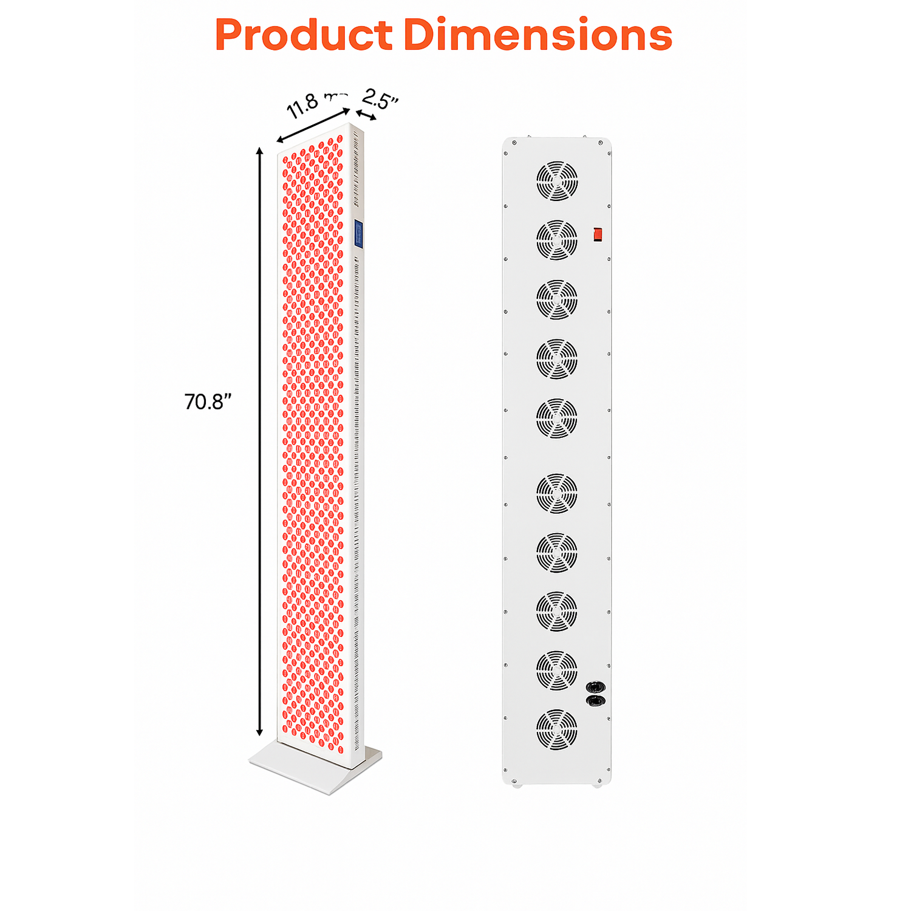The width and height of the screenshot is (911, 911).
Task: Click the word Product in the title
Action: coord(304,35)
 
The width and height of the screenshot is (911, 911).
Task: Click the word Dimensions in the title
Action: coord(537,35)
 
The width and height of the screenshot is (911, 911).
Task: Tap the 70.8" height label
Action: coord(208,402)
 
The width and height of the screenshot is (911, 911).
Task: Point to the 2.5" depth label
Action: coord(380,99)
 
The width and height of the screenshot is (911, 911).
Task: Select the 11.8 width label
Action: coord(304,106)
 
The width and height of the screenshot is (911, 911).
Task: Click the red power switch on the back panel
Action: coord(598,234)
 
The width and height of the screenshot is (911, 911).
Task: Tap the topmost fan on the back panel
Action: coord(557,181)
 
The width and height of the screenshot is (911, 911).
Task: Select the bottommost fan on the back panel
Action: coord(557,729)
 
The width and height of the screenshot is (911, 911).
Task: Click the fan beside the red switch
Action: coord(557,240)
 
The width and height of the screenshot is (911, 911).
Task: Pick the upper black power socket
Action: coord(596,687)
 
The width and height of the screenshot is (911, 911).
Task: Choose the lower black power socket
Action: coord(596,701)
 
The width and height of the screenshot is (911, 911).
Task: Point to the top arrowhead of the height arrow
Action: coord(260,151)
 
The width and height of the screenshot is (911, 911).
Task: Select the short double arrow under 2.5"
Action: coord(366,115)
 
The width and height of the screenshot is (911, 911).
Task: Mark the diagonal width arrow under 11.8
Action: coord(313,126)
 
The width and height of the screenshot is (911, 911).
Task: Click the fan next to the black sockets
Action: coord(557,670)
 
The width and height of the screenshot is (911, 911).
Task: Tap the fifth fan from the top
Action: coord(557,418)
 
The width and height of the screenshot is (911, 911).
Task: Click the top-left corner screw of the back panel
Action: coord(514,143)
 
